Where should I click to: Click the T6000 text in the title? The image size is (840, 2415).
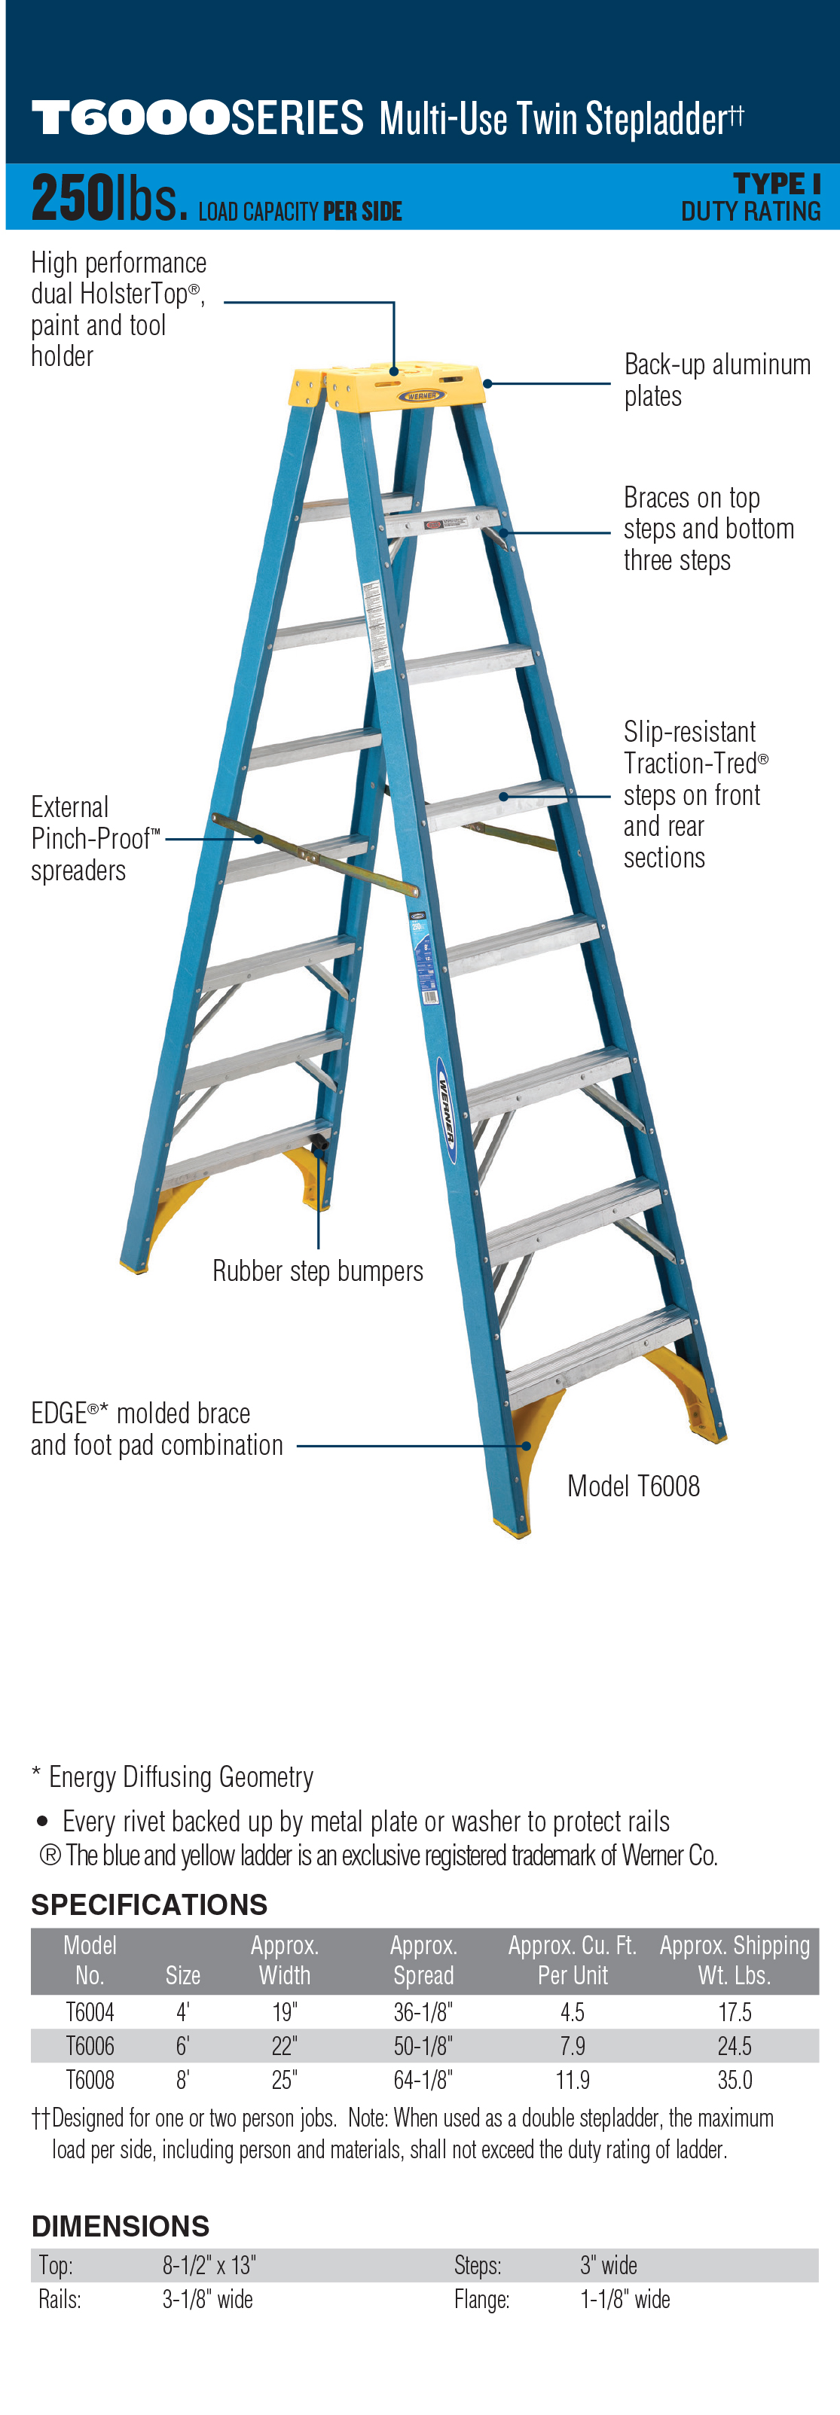pyautogui.click(x=131, y=119)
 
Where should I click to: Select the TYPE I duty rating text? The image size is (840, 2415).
pyautogui.click(x=776, y=184)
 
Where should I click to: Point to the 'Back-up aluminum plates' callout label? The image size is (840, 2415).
pyautogui.click(x=717, y=380)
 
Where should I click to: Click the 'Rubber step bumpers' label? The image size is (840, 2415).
pyautogui.click(x=318, y=1271)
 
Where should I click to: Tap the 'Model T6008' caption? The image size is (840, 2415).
pyautogui.click(x=634, y=1486)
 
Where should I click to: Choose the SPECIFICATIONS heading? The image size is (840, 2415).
pyautogui.click(x=149, y=1904)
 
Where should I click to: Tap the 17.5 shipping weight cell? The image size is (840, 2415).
pyautogui.click(x=734, y=2012)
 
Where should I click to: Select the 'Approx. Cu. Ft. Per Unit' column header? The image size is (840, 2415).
pyautogui.click(x=572, y=1960)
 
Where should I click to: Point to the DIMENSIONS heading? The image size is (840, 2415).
pyautogui.click(x=120, y=2226)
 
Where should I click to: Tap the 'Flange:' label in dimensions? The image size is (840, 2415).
pyautogui.click(x=482, y=2299)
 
